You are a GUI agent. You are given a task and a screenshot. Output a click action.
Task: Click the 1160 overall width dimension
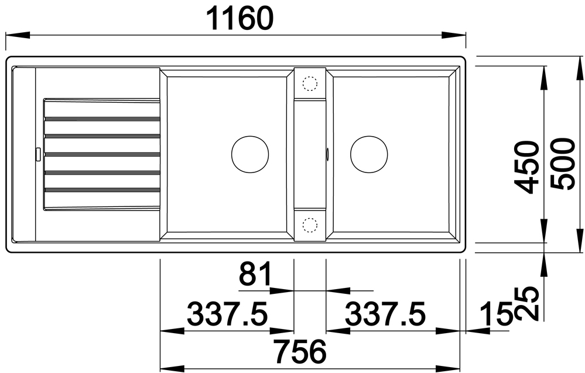point(239,18)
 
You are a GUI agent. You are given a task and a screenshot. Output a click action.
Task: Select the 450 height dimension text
point(526,167)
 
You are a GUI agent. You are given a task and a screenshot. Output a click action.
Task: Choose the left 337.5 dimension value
point(227,314)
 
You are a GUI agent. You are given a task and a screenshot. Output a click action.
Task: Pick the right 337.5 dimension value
point(385,314)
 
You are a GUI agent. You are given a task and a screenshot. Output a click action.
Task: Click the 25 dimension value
point(526,303)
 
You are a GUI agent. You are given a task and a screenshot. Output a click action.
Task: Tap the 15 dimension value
point(495,314)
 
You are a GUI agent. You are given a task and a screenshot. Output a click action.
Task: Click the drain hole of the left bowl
point(250,154)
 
